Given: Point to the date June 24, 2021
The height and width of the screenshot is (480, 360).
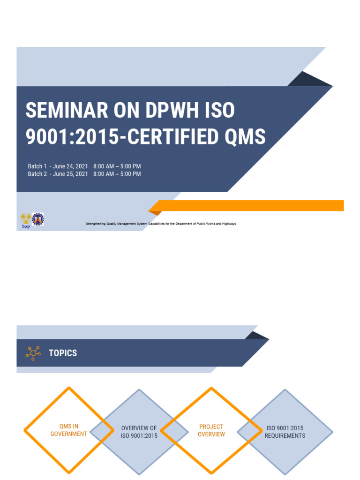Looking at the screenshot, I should click(x=71, y=166).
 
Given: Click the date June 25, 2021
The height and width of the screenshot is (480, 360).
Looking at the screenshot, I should click(x=71, y=174).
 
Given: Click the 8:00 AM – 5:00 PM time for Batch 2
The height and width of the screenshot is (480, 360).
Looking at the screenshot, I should click(x=117, y=174).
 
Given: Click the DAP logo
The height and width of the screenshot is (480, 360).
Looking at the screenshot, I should click(x=25, y=220).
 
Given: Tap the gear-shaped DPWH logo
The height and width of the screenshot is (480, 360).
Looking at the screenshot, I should click(x=38, y=219).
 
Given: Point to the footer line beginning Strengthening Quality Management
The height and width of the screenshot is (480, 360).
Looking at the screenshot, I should click(x=160, y=224).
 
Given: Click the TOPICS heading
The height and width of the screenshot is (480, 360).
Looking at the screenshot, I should click(x=63, y=353).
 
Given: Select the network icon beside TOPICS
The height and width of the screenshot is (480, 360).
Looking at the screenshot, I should click(x=32, y=353).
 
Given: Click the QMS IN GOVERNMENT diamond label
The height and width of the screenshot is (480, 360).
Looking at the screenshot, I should click(x=69, y=430).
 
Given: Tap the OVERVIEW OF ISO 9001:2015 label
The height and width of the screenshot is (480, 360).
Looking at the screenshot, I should click(x=139, y=432).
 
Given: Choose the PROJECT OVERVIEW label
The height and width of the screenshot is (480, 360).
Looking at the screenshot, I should click(x=211, y=430).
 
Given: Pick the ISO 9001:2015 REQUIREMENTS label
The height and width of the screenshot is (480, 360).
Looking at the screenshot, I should click(x=285, y=432).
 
